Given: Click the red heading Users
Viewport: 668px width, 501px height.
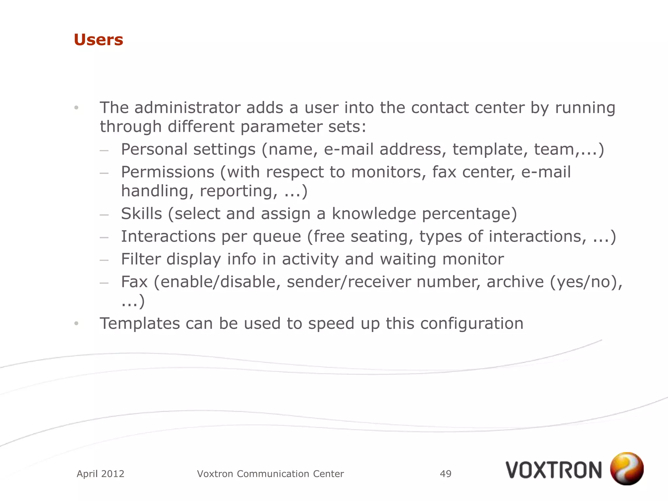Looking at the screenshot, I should pyautogui.click(x=99, y=40).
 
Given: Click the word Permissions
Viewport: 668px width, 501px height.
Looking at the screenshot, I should pyautogui.click(x=168, y=172).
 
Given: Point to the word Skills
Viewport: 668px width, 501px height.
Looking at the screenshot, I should pyautogui.click(x=142, y=214).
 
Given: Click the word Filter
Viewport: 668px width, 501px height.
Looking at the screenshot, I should pyautogui.click(x=141, y=259).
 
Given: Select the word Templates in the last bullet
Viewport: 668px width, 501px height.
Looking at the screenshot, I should pyautogui.click(x=140, y=324).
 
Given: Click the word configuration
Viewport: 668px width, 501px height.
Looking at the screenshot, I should pyautogui.click(x=472, y=324).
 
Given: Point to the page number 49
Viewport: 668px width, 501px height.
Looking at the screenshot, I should pyautogui.click(x=446, y=474).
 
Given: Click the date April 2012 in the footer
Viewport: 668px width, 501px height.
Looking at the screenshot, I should pyautogui.click(x=100, y=474).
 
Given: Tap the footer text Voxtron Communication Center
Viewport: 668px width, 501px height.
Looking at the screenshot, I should pyautogui.click(x=270, y=474).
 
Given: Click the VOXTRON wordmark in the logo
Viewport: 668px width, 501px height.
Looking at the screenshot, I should pyautogui.click(x=554, y=470).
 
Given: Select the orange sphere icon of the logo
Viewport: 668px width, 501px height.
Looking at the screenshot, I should pyautogui.click(x=627, y=468).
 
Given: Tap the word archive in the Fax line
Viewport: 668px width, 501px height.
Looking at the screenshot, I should pyautogui.click(x=515, y=282).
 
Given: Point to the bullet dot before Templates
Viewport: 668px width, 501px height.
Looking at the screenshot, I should pyautogui.click(x=76, y=324).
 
